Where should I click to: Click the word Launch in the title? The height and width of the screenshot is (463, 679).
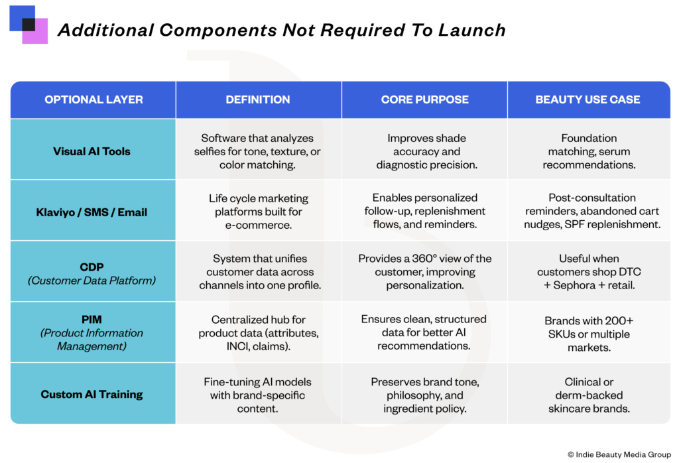[471, 30]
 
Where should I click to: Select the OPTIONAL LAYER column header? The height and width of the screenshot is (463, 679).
[93, 99]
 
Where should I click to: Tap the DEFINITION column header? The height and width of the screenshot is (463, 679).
[258, 99]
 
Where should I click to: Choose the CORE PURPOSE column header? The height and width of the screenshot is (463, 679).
[425, 99]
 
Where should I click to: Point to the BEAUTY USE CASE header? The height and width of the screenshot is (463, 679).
[587, 99]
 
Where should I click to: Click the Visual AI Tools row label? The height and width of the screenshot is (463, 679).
[92, 151]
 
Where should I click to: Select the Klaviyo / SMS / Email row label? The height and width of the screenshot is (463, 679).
[92, 212]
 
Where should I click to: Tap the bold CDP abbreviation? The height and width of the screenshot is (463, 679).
[92, 267]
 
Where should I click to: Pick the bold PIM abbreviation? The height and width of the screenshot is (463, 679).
[92, 320]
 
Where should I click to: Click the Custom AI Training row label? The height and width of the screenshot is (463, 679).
[92, 394]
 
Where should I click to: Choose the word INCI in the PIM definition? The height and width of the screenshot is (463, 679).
[237, 346]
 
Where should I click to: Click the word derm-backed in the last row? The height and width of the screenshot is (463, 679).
[589, 395]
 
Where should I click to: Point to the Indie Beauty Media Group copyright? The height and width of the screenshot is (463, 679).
[619, 454]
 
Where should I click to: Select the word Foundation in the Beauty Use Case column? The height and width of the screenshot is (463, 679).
[589, 138]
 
